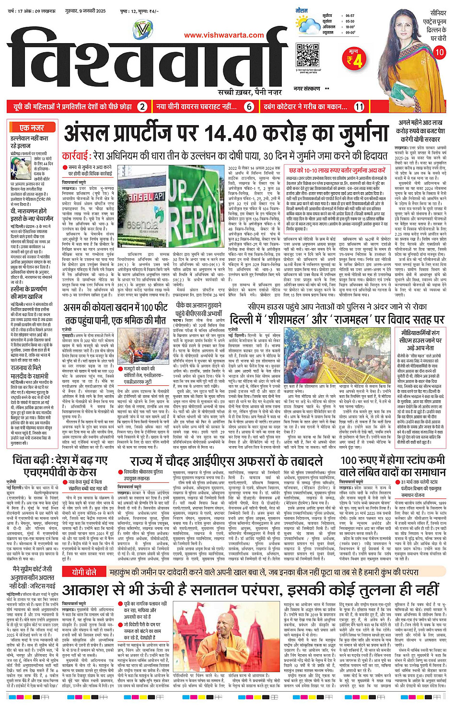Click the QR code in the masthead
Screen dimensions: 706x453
(x=307, y=55)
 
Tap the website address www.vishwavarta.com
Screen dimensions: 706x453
(x=224, y=35)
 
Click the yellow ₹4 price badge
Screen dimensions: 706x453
(x=355, y=59)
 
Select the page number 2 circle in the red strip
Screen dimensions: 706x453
(x=142, y=107)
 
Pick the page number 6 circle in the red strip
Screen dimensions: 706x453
(x=249, y=107)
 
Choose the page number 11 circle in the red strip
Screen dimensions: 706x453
(x=359, y=107)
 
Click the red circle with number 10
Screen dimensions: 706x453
(x=439, y=52)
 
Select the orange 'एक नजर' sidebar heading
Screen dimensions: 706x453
(x=32, y=128)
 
